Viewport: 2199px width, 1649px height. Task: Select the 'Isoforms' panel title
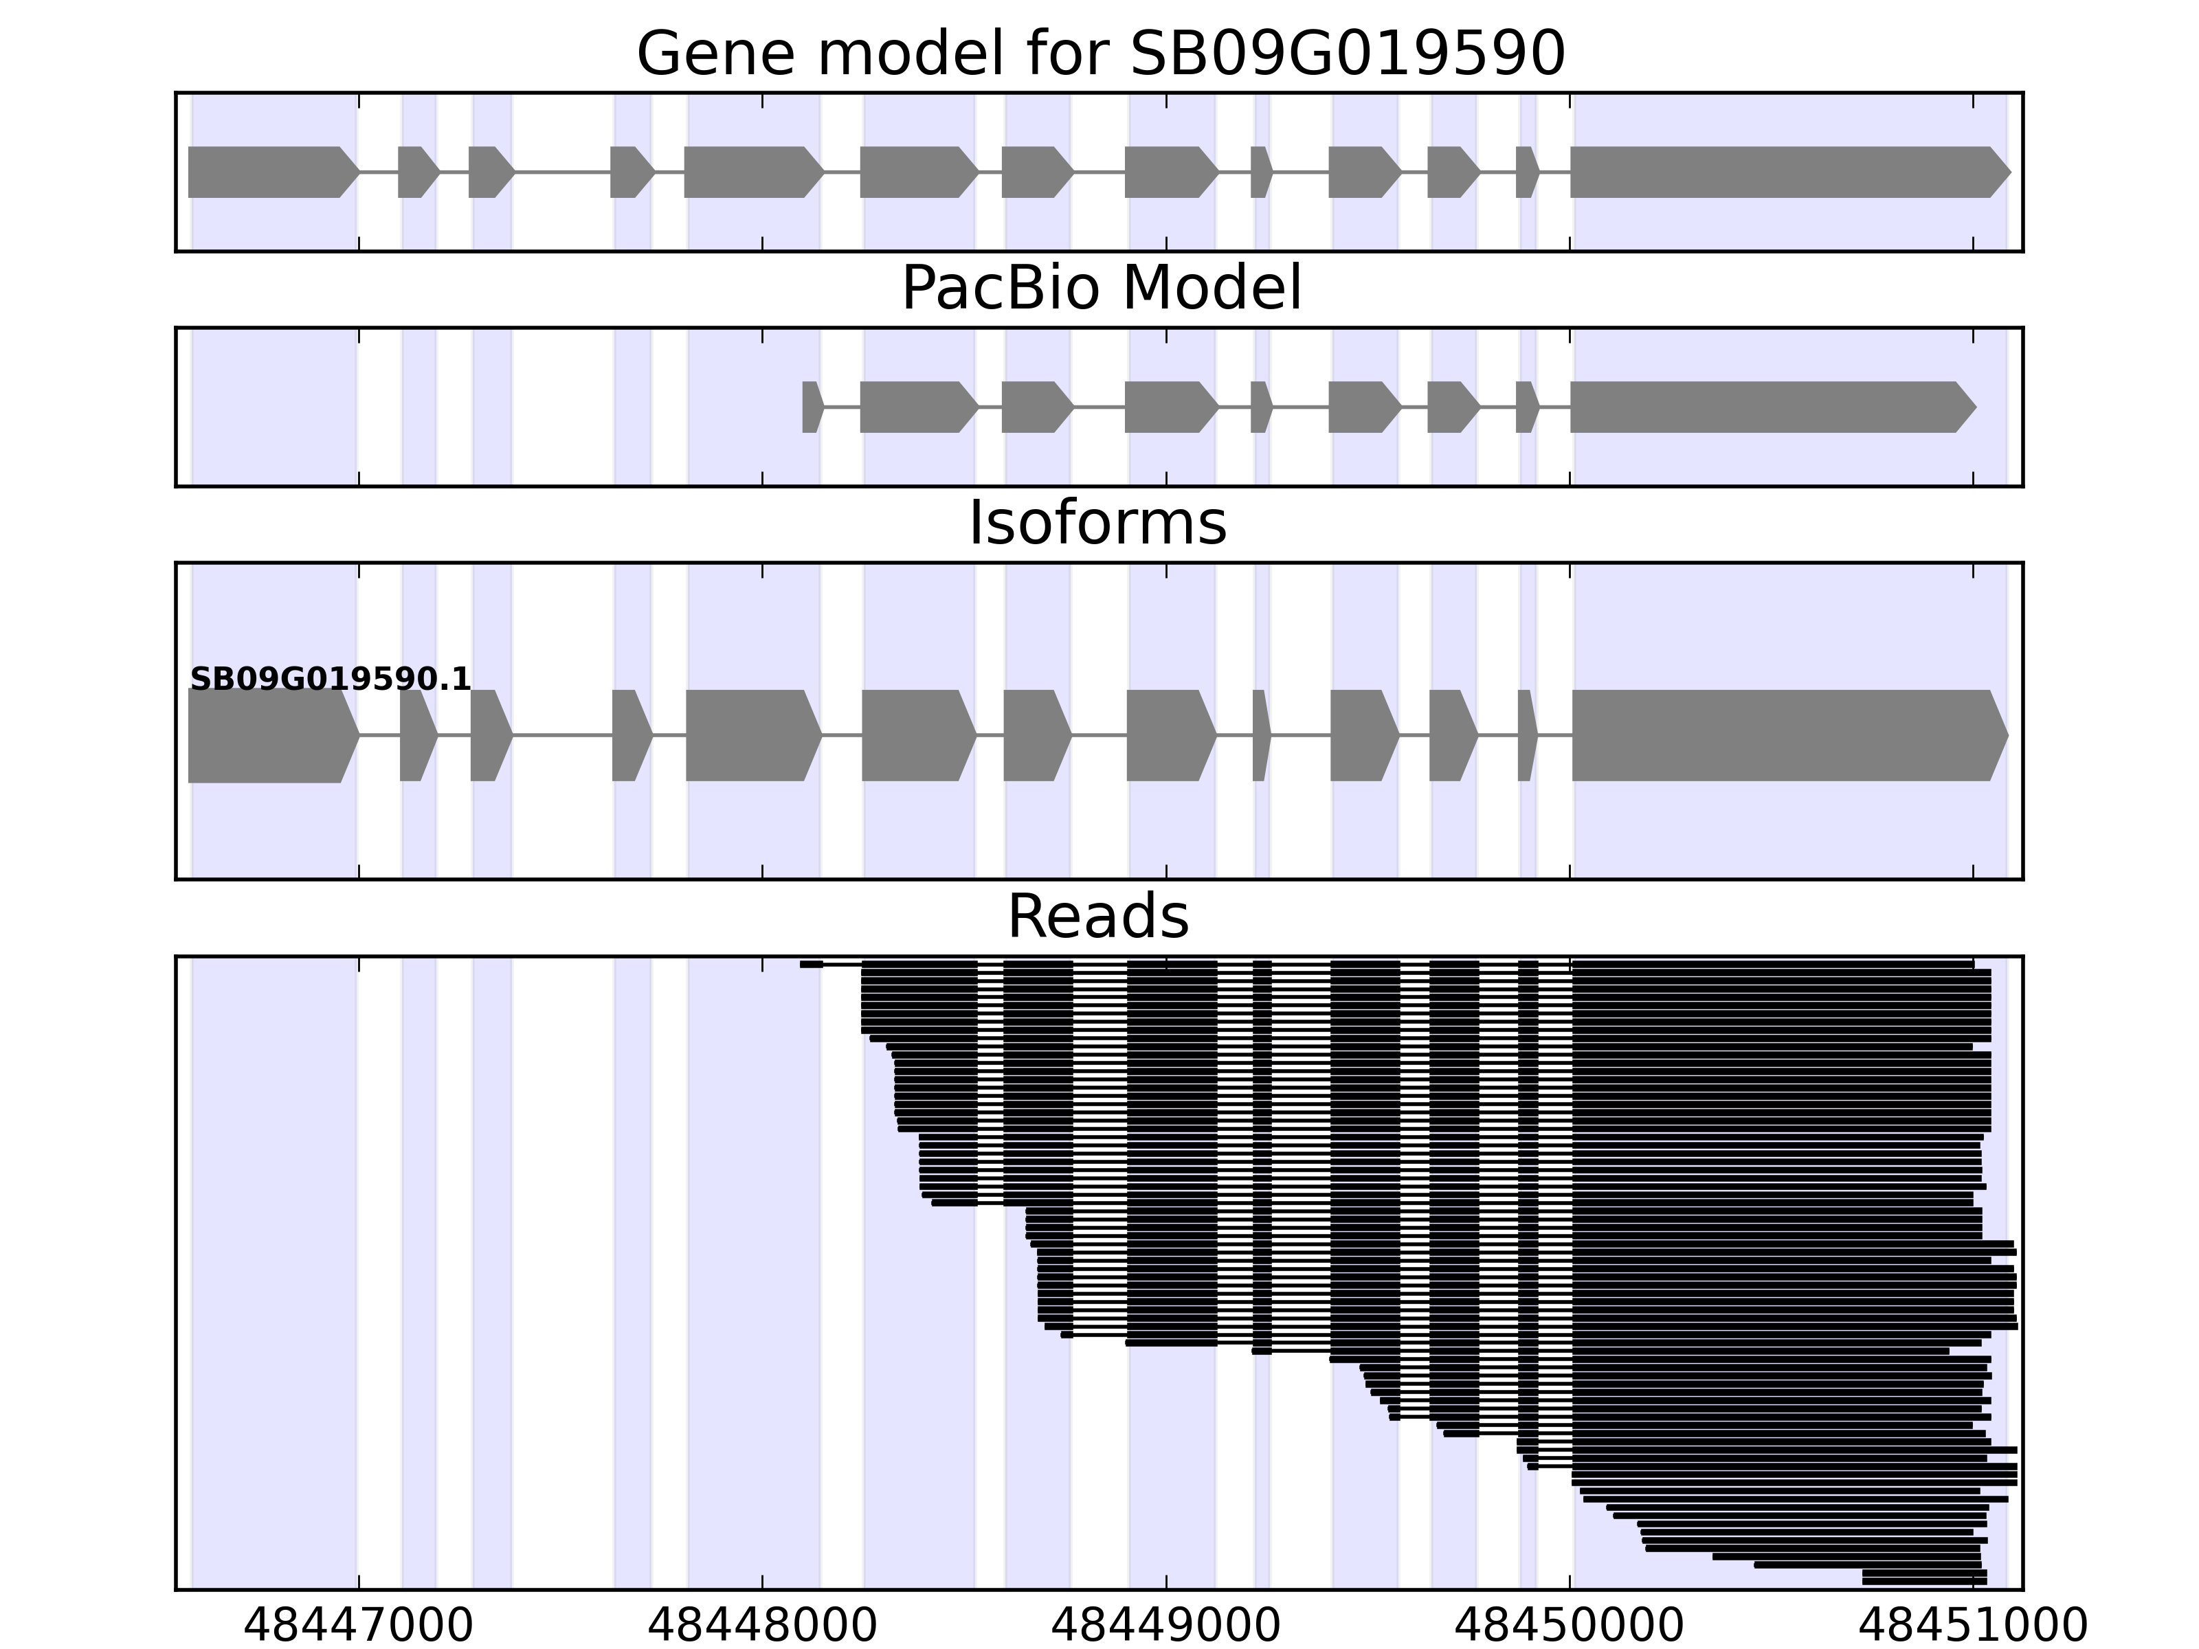pos(1097,524)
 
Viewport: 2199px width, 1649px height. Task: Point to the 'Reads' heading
pos(1097,917)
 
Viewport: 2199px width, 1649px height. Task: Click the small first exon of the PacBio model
pos(811,407)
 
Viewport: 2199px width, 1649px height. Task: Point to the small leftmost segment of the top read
pos(811,963)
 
